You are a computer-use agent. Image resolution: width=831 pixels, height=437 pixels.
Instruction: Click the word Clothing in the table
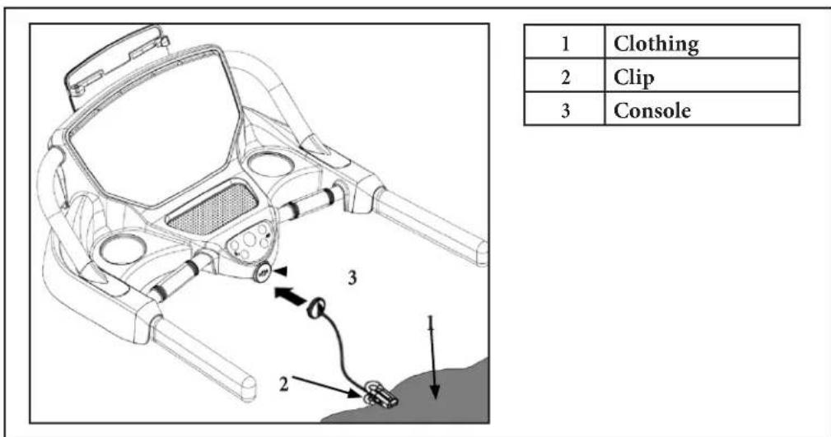pos(656,44)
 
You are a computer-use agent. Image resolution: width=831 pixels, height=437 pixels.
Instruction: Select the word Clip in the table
pos(634,77)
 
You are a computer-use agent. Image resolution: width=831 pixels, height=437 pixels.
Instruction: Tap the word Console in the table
pos(652,110)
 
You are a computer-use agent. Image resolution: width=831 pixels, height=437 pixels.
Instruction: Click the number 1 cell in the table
pos(565,41)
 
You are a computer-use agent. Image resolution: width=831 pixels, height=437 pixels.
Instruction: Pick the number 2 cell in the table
pos(565,75)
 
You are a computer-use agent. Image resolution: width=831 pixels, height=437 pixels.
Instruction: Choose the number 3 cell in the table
pos(565,109)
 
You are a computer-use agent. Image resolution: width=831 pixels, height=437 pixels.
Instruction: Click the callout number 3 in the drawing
pos(352,277)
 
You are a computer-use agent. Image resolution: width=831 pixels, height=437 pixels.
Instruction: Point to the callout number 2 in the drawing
pos(284,384)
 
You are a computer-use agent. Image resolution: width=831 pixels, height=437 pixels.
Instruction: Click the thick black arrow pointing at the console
pos(291,296)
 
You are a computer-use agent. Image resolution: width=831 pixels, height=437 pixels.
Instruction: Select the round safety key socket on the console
pos(264,273)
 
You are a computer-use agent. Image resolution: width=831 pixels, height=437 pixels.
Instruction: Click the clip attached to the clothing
pos(380,395)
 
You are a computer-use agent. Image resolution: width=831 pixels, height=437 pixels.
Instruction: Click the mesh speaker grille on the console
pos(212,208)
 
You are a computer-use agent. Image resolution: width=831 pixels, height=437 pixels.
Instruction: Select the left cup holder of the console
pos(123,249)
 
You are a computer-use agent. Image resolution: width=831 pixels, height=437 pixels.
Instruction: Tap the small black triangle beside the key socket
pos(282,272)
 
